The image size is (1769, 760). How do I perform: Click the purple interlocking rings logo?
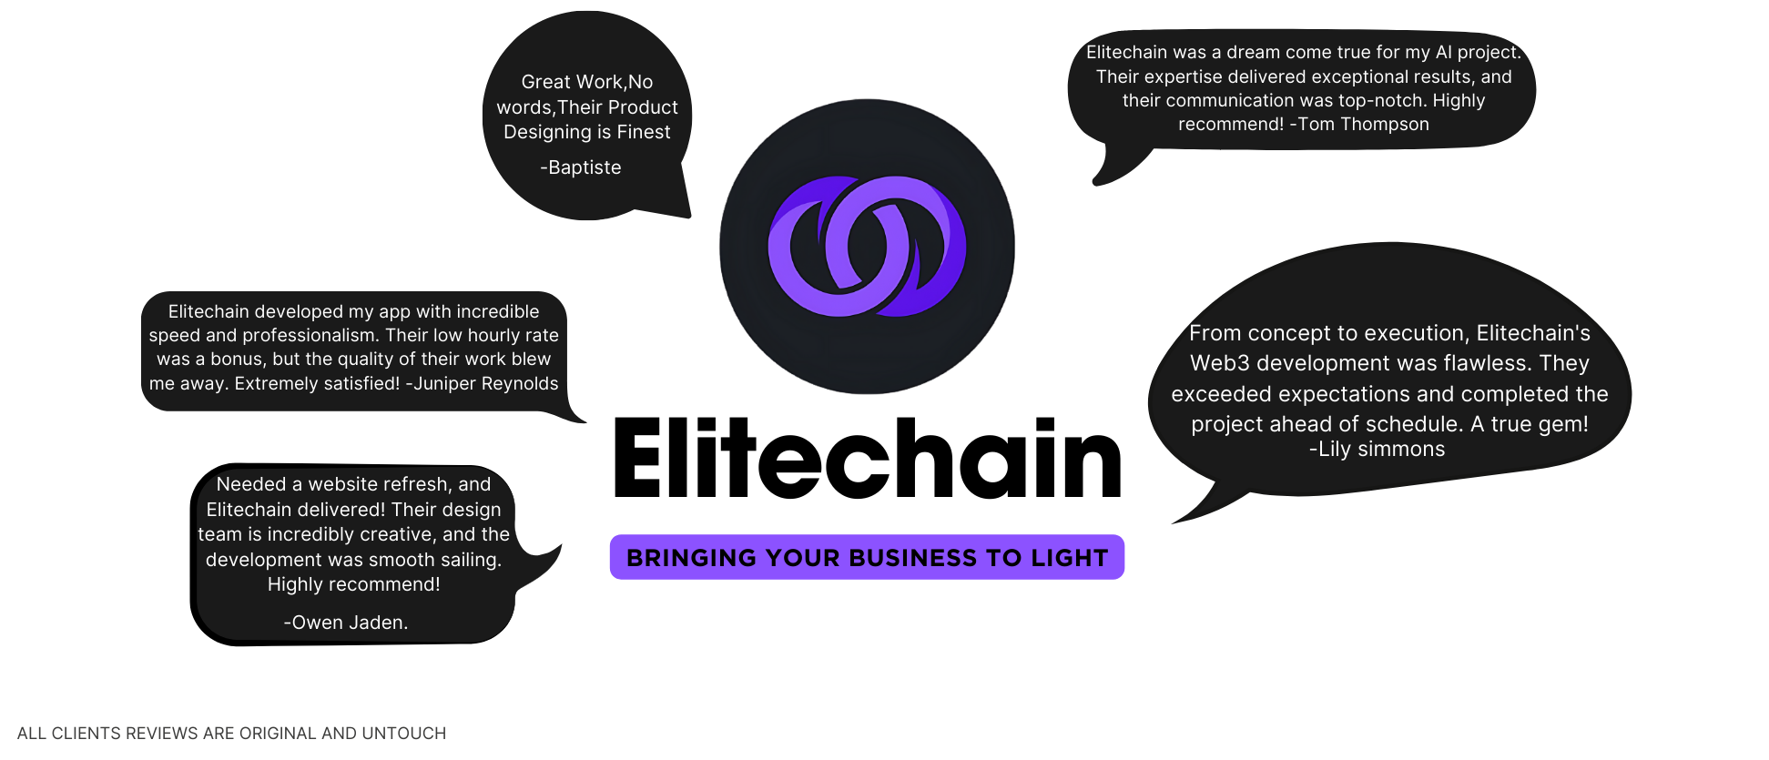pos(867,247)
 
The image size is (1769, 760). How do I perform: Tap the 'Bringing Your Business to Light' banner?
pos(867,557)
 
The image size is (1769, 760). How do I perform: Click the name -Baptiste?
pos(581,167)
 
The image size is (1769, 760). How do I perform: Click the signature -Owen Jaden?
pos(346,623)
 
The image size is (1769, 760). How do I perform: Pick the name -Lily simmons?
pos(1377,450)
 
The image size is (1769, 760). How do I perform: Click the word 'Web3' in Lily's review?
pos(1220,364)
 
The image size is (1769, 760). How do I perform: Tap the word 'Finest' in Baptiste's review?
pos(643,132)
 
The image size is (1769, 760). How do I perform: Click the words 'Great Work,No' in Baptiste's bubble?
pos(586,82)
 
